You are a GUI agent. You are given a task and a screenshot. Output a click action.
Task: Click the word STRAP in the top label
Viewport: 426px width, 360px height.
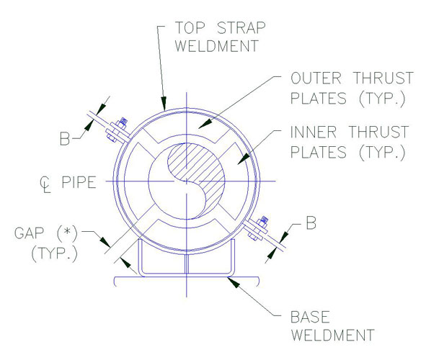point(241,27)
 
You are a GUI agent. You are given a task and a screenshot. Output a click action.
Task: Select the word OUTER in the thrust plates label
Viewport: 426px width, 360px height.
point(316,78)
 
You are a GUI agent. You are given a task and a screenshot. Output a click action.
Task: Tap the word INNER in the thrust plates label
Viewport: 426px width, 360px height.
point(314,132)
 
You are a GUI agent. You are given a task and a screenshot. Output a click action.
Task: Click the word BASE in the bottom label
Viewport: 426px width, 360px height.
point(310,317)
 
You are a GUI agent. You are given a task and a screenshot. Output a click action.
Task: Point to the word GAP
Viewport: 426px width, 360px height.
point(29,233)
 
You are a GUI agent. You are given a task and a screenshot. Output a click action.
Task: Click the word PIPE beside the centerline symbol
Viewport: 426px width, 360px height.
point(79,182)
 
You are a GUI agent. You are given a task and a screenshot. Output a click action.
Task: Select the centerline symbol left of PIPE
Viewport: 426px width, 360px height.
point(45,184)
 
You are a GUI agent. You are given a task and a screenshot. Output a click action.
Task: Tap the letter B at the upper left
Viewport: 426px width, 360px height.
point(65,138)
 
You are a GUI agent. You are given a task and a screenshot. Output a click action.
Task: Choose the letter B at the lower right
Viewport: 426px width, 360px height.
point(311,222)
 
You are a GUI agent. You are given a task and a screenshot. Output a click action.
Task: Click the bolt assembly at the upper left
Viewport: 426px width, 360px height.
point(117,130)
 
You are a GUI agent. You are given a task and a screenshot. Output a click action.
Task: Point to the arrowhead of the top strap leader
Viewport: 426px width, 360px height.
point(164,104)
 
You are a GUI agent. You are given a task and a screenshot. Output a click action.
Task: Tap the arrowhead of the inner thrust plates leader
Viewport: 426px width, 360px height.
point(244,158)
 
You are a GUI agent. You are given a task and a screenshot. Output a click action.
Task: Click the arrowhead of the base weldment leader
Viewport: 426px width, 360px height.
point(234,282)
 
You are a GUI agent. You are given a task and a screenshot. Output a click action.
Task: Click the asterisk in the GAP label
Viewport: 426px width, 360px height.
point(67,233)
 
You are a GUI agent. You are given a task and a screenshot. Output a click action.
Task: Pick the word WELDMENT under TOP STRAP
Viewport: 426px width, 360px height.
point(216,46)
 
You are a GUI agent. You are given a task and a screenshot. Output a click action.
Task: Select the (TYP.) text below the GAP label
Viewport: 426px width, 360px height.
point(54,253)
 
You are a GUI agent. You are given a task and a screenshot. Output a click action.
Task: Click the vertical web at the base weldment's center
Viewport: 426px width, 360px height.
point(187,264)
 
